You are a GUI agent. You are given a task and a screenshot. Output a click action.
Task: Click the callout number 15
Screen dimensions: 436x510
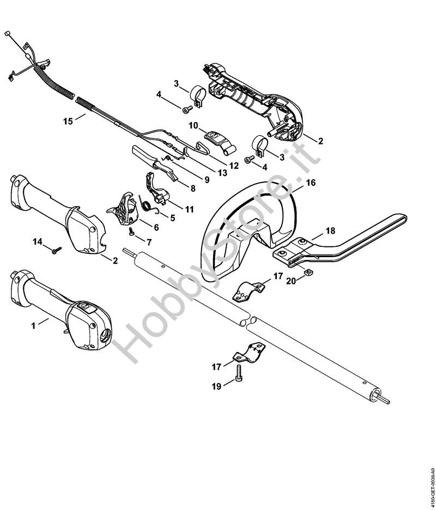(68, 122)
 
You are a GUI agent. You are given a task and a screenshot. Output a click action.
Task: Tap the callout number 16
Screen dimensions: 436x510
(311, 183)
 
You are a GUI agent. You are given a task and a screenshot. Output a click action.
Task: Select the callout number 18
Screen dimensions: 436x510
(330, 231)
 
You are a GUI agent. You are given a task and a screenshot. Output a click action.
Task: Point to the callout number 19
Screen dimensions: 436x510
(216, 386)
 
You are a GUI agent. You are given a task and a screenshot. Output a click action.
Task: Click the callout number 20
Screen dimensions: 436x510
(291, 281)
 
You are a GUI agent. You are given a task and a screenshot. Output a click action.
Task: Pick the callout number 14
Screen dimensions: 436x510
(38, 242)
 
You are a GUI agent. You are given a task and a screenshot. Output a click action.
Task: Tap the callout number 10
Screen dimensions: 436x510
(193, 125)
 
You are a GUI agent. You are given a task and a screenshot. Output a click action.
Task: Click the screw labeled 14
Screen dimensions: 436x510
(57, 250)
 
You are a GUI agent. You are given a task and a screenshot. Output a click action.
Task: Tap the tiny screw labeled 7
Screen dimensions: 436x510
(132, 231)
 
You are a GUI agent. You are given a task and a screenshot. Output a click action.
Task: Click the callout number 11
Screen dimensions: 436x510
(189, 209)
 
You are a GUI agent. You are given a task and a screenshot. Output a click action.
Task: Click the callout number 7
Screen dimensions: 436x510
(149, 242)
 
